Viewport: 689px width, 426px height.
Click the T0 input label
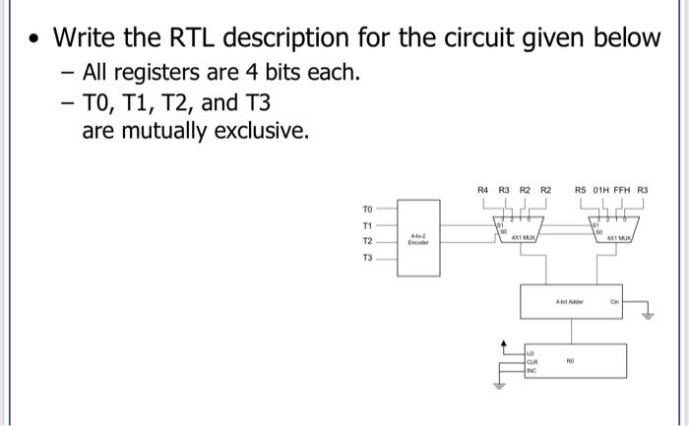367,209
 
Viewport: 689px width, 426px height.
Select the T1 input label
367,224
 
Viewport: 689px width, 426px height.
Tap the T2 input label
367,241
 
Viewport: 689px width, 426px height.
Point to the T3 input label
367,258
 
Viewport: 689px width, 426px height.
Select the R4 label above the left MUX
482,189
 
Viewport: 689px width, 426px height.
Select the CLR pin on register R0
533,362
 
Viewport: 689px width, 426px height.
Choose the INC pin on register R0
532,371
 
